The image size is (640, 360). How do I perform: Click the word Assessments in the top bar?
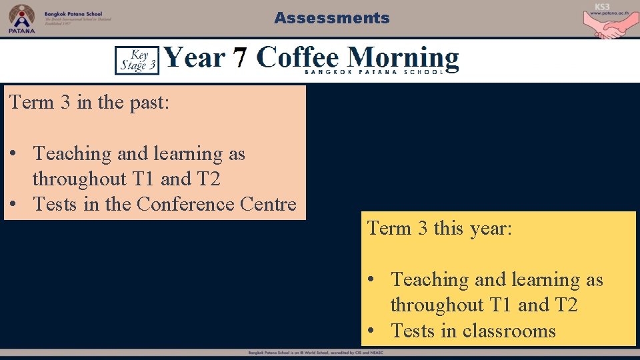(x=331, y=18)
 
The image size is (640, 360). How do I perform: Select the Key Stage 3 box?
(x=137, y=59)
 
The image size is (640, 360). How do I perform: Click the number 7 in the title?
(x=240, y=59)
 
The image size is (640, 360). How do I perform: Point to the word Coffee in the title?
(x=299, y=57)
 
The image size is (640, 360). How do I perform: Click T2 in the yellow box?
(x=565, y=305)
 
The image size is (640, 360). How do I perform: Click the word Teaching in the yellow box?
(x=430, y=280)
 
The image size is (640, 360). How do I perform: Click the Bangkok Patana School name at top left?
(x=73, y=13)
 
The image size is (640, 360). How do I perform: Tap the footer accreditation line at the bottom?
(x=320, y=352)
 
